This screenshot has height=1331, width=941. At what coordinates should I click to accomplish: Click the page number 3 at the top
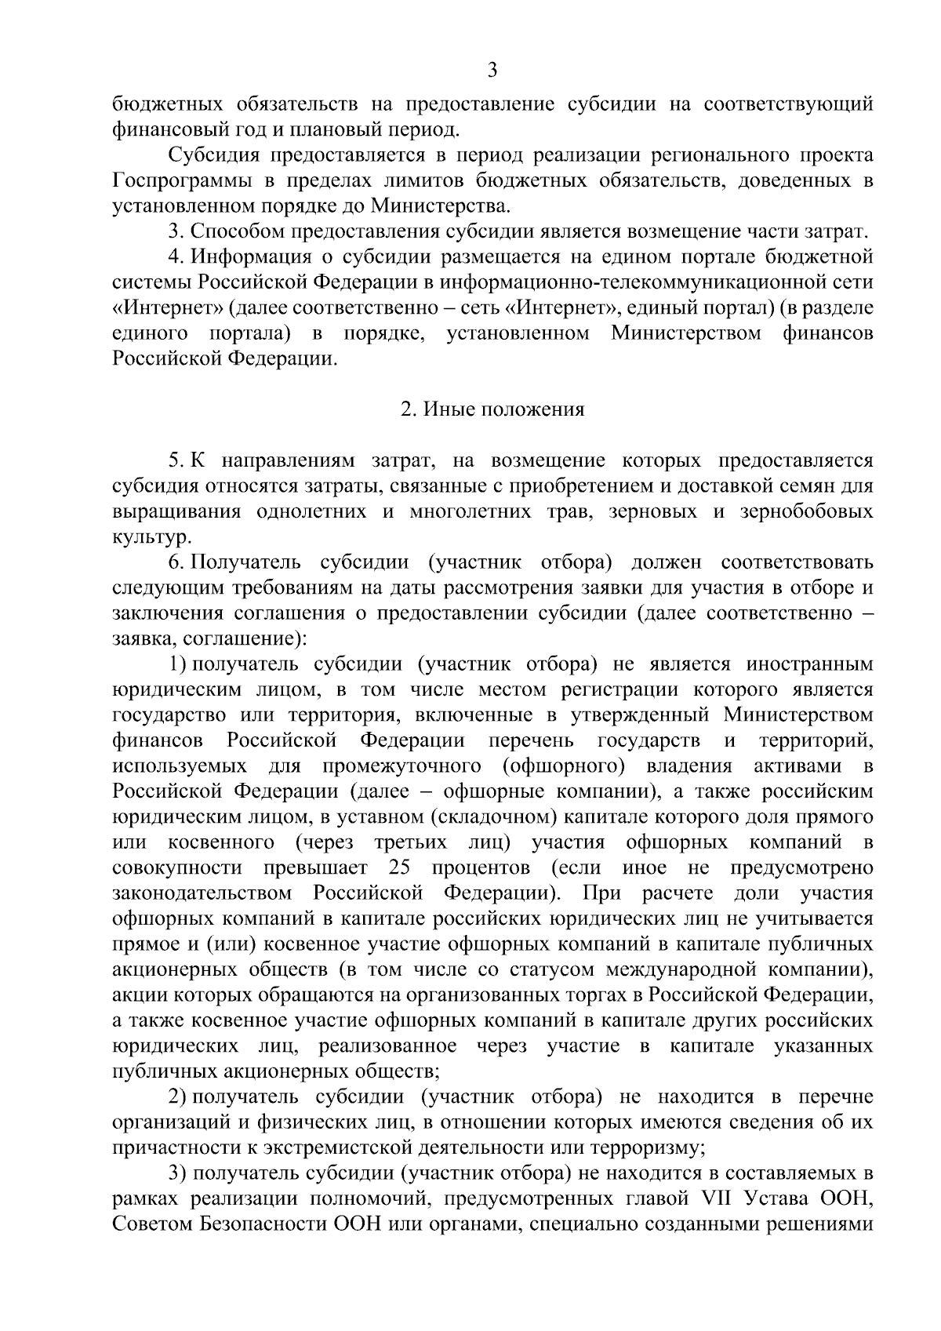tap(492, 71)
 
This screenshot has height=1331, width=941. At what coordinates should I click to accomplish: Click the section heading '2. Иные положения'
tap(492, 409)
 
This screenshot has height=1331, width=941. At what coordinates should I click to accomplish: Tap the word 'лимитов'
tap(425, 180)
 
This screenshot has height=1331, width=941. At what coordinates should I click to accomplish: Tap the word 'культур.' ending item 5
tap(151, 538)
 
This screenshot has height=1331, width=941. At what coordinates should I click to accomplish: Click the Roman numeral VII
tap(709, 1199)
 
